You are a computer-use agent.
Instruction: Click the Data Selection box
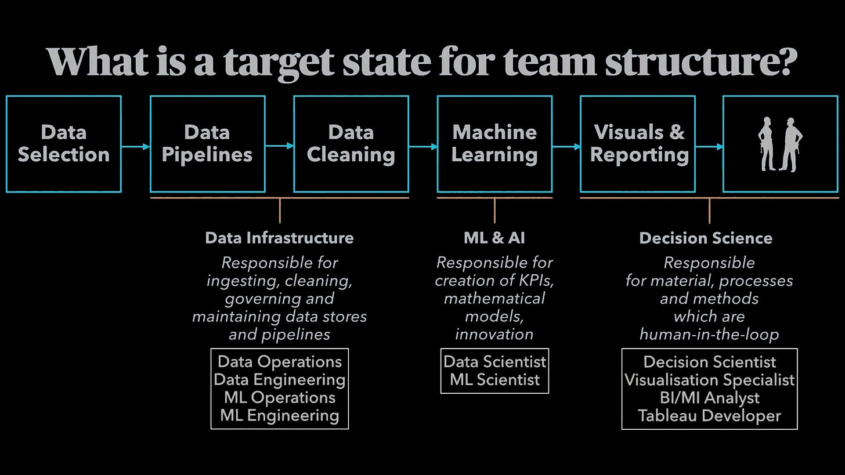coord(64,144)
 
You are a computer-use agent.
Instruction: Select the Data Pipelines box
coord(207,144)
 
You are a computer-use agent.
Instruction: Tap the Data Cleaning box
coord(351,144)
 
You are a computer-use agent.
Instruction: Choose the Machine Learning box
coord(494,144)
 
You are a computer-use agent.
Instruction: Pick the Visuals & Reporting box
coord(638,144)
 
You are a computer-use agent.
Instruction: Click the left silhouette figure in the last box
coord(767,144)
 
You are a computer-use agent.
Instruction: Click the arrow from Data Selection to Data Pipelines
coord(135,147)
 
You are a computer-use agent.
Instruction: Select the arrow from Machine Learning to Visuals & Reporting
coord(566,147)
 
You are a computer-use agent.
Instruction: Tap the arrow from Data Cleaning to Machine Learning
coord(423,147)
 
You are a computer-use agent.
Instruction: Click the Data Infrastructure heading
coord(279,238)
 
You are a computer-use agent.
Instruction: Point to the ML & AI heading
coord(494,238)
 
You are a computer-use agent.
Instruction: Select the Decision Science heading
coord(706,238)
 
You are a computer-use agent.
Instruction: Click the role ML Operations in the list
coord(279,398)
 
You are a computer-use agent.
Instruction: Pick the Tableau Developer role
coord(709,416)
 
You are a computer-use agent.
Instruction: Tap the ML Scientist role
coord(494,380)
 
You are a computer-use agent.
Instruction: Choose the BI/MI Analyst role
coord(709,398)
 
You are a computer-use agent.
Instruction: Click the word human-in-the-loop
coord(709,335)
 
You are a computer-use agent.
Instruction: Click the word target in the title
coord(279,61)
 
